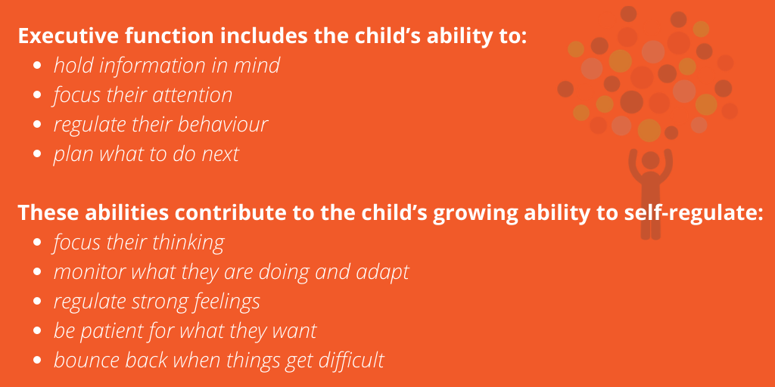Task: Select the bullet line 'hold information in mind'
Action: point(167,66)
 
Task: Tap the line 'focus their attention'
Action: point(142,95)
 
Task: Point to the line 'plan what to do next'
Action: point(146,154)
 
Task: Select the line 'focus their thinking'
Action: point(139,243)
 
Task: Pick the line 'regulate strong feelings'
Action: point(157,302)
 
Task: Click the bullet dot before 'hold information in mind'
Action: point(39,67)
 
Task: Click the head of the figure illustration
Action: point(650,159)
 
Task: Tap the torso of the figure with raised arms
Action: point(650,193)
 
